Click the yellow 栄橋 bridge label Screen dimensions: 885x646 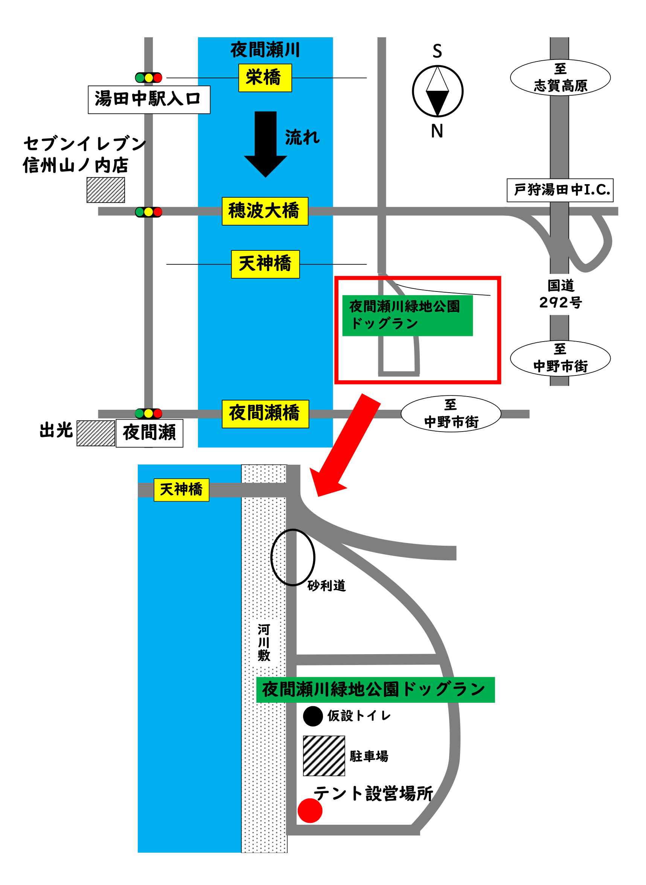265,78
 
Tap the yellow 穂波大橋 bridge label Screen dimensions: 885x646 265,211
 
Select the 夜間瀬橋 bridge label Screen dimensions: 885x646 265,414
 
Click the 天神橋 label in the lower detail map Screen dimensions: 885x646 181,490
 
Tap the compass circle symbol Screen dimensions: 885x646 437,91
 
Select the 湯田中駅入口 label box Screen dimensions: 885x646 149,100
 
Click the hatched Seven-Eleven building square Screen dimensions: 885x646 105,190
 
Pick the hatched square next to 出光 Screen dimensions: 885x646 96,433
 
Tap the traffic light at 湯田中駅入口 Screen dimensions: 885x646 149,78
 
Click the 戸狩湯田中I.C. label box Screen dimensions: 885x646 560,190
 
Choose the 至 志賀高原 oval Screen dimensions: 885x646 560,78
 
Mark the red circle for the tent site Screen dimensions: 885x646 310,811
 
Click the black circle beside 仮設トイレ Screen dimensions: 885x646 313,716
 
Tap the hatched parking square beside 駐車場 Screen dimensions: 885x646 324,755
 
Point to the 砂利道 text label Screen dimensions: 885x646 326,586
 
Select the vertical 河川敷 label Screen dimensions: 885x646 264,642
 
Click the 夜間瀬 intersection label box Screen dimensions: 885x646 149,433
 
